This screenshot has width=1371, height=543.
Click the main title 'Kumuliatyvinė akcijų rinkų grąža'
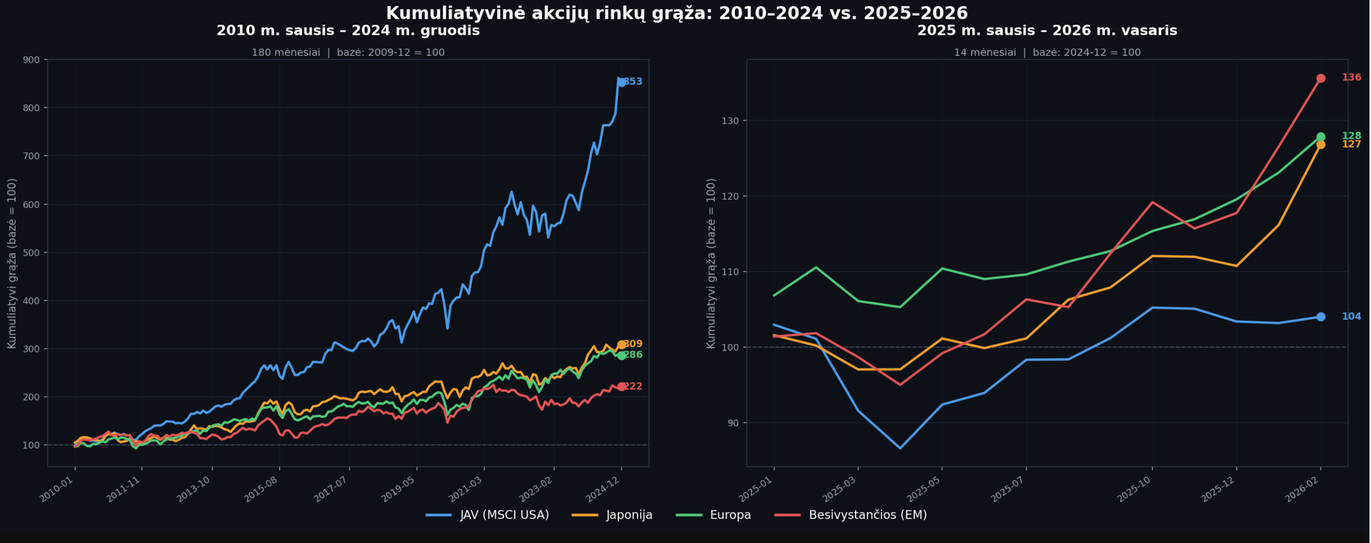tap(677, 13)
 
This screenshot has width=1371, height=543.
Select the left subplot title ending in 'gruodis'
tap(348, 31)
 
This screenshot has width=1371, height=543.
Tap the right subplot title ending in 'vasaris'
tap(1047, 31)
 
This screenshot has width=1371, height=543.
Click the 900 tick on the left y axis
tap(31, 60)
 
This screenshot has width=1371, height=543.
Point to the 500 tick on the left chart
tap(31, 253)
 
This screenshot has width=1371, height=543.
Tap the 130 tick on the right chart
tap(730, 121)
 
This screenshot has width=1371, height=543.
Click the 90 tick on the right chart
tap(732, 423)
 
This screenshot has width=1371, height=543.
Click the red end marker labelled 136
tap(1321, 78)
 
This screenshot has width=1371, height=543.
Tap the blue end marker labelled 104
tap(1321, 317)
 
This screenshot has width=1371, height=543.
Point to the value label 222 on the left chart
tap(633, 387)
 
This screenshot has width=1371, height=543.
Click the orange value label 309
tap(633, 344)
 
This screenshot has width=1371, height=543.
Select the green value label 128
tap(1351, 136)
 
